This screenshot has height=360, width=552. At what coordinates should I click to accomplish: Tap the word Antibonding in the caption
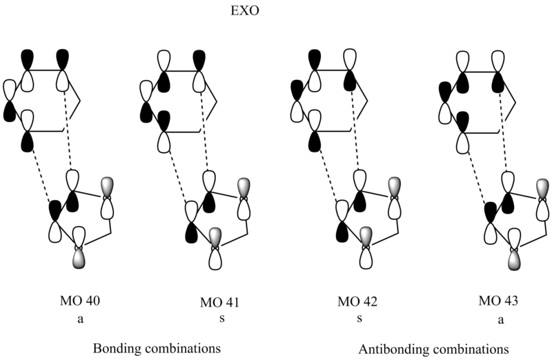coord(393,348)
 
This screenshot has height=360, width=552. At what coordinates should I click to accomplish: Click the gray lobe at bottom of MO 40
coord(81,260)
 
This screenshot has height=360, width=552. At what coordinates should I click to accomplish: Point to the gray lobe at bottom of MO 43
coord(514,260)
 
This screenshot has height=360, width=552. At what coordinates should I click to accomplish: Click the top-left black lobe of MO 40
coord(28,59)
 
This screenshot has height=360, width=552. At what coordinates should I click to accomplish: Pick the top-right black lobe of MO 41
coord(201,59)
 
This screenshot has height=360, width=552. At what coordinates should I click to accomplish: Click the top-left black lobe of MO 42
coord(315,59)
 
